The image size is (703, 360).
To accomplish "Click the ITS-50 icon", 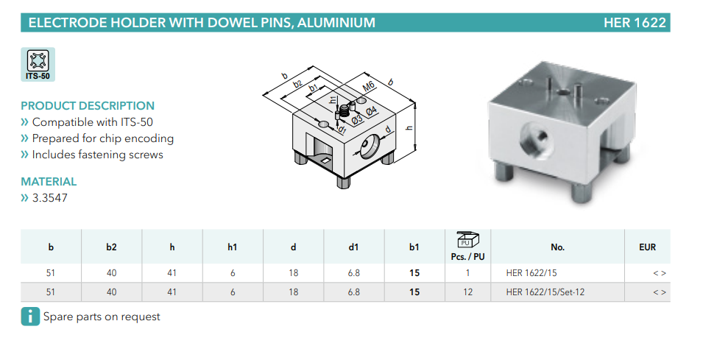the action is [38, 64].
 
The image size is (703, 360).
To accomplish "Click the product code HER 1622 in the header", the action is [635, 22].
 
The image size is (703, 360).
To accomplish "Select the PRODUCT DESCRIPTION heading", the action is [88, 106].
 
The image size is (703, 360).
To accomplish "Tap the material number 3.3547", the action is [50, 198].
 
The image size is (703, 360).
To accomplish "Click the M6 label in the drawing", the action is [368, 86].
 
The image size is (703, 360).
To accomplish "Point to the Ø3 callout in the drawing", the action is [357, 119].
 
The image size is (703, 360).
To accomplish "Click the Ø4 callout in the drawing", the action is [371, 110].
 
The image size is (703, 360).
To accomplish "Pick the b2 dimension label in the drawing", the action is [297, 84].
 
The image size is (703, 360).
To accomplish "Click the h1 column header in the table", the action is [232, 247].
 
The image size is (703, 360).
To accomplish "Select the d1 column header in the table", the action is [353, 247].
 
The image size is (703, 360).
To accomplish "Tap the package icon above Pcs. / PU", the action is [467, 240].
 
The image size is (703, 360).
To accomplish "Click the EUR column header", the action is [647, 247].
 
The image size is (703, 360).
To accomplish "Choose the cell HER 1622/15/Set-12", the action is [545, 292].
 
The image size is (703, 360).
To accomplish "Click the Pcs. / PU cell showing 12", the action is [467, 292].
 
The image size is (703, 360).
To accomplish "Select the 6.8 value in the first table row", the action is [354, 273].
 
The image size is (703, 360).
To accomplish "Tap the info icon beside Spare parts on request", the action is [30, 317].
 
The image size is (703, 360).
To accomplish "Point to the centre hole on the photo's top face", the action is [562, 93].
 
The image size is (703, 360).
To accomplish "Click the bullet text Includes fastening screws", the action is [98, 155].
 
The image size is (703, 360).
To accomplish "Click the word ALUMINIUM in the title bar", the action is [336, 22].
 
